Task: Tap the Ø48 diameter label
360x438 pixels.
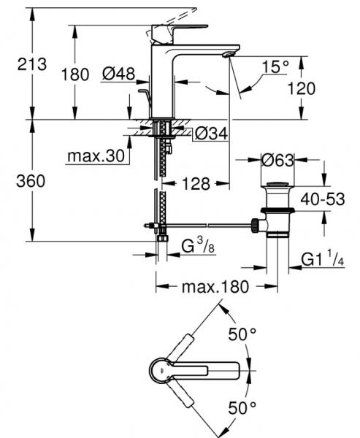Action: click(x=118, y=74)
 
